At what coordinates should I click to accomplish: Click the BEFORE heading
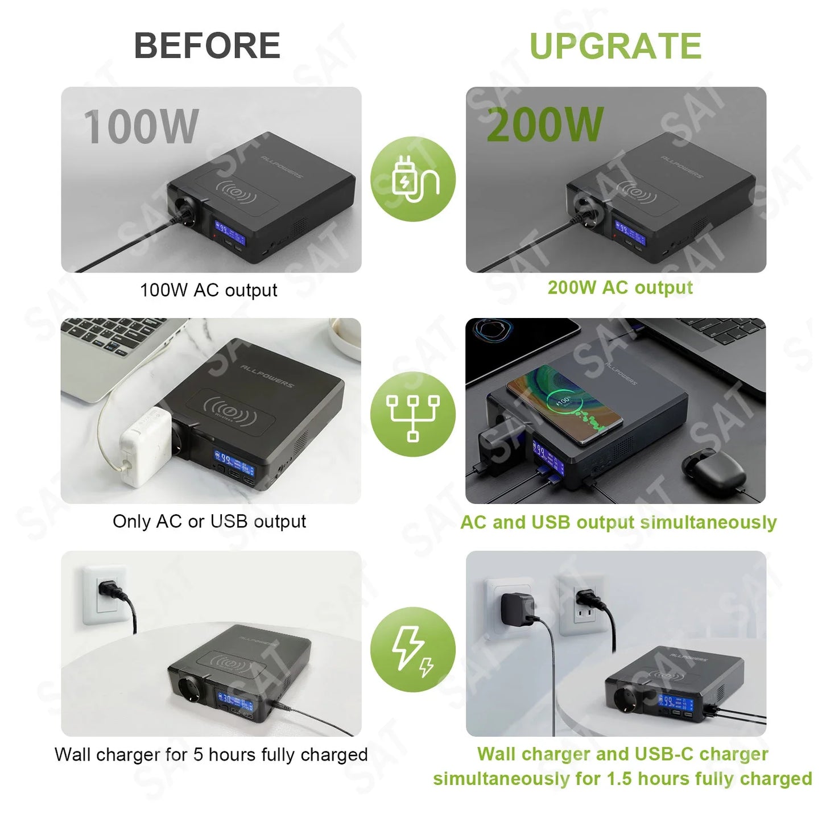point(207,46)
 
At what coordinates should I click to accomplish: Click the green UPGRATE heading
point(616,46)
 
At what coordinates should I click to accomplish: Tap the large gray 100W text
point(141,126)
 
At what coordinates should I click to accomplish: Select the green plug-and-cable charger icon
point(413,179)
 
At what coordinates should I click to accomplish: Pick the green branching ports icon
point(413,414)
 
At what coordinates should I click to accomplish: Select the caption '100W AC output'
point(209,290)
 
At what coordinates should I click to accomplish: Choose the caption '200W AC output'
point(620,288)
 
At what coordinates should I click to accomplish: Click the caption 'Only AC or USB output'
point(209,521)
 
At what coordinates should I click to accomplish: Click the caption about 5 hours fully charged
point(211,754)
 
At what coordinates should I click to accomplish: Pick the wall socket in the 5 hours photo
point(104,595)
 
